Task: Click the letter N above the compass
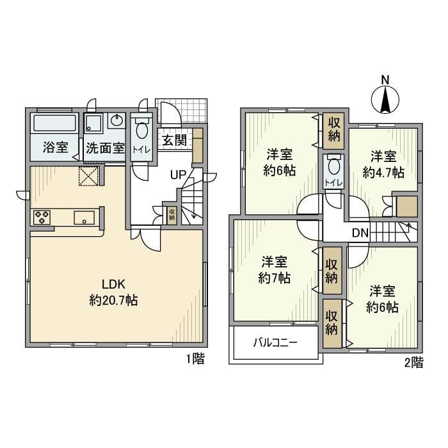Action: (385, 80)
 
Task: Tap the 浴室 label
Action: (56, 147)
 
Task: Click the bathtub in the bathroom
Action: (55, 124)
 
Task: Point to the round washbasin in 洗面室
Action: (117, 121)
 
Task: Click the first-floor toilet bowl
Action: (141, 131)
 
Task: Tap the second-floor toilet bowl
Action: (333, 168)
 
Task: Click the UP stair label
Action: (178, 174)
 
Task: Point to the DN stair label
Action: (360, 232)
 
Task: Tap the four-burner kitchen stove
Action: (43, 217)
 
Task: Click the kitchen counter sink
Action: (84, 218)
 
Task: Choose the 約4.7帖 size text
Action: (383, 172)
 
